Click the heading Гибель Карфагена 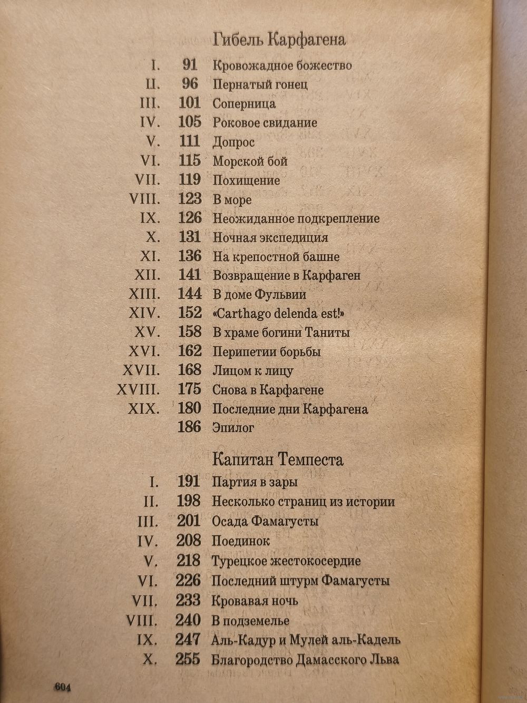[279, 40]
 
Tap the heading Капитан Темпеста [277, 459]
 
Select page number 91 [190, 65]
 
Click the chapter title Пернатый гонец [260, 84]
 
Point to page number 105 [190, 122]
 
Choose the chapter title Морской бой [250, 161]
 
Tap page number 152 [190, 313]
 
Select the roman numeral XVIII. [138, 390]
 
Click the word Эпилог [233, 428]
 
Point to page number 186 [189, 427]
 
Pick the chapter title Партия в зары [255, 482]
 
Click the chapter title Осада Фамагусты [265, 522]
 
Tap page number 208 [189, 541]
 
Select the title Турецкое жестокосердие [286, 561]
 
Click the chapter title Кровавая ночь [255, 601]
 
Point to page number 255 [188, 659]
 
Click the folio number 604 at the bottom [62, 687]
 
